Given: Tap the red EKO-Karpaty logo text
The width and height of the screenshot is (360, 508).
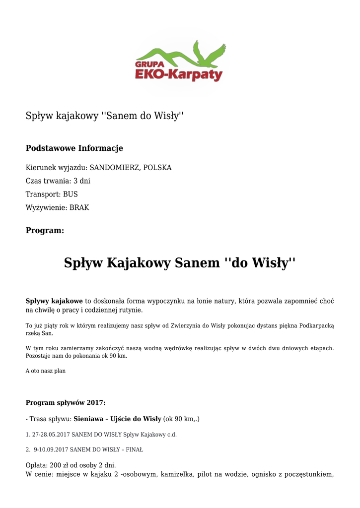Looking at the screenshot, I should [178, 75].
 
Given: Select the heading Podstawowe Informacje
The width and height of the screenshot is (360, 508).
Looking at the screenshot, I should [74, 148].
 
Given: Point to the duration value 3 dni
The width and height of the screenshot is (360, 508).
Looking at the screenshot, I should [82, 181].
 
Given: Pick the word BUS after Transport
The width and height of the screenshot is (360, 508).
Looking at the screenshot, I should [70, 194].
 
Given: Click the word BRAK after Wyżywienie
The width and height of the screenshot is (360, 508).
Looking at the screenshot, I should [79, 208].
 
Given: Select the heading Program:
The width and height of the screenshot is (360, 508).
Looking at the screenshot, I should [45, 231].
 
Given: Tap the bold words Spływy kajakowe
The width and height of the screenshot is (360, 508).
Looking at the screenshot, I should [54, 301].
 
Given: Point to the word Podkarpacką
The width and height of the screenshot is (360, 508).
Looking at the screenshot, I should [315, 325].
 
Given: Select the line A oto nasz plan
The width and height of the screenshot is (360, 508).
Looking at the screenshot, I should [45, 371].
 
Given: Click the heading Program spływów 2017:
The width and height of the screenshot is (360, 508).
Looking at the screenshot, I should [66, 402].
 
